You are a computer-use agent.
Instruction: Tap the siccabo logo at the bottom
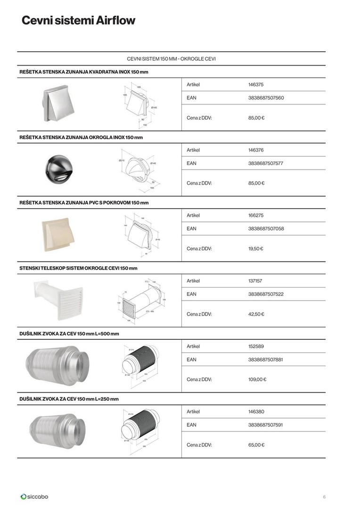(34, 496)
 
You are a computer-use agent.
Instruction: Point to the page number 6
(324, 496)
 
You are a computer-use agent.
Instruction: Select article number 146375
(255, 85)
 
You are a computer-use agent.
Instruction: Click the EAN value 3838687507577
(266, 164)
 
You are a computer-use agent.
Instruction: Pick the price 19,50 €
(255, 248)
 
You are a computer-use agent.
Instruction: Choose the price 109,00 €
(257, 379)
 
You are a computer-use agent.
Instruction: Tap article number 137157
(255, 281)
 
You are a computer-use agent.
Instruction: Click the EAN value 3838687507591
(266, 425)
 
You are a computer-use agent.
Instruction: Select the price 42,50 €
(256, 314)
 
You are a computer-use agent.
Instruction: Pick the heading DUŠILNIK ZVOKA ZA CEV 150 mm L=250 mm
(69, 399)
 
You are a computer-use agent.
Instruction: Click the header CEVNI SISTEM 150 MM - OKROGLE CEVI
(172, 59)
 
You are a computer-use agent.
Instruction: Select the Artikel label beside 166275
(193, 215)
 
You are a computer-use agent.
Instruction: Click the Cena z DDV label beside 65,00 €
(199, 444)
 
